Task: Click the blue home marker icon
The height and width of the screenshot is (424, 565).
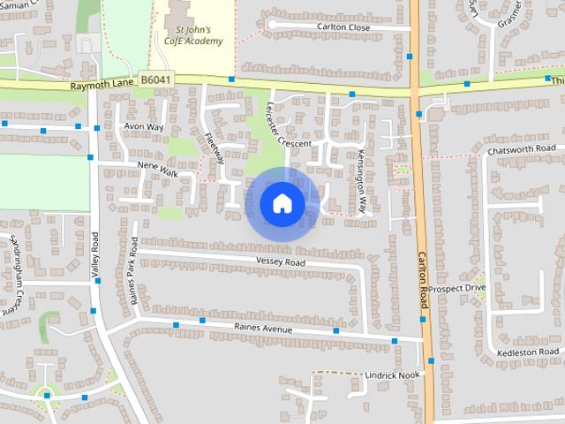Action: click(x=281, y=203)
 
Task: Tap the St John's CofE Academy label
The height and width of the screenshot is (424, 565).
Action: click(x=193, y=34)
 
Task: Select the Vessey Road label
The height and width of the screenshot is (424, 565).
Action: click(x=280, y=262)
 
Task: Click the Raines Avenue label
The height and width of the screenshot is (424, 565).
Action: click(x=262, y=329)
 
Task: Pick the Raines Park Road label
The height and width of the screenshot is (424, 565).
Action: click(x=133, y=272)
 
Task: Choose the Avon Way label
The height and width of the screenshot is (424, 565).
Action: click(x=144, y=127)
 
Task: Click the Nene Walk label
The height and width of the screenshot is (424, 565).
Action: click(x=157, y=169)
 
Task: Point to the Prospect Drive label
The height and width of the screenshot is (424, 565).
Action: click(x=458, y=288)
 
